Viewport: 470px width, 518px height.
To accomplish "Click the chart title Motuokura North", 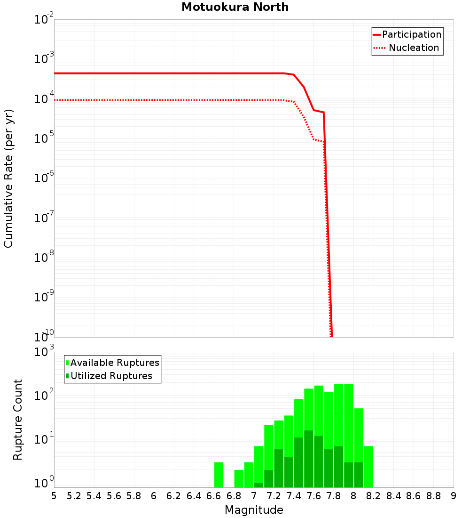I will point(235,8).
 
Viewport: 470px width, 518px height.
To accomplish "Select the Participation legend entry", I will point(411,35).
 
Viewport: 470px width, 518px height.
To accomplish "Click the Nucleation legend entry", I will point(414,48).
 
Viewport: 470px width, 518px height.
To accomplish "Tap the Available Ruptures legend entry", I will point(115,363).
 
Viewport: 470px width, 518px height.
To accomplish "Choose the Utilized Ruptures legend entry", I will point(111,376).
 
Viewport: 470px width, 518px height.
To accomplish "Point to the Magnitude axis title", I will point(254,510).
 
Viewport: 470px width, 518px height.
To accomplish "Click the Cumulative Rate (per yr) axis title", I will point(8,178).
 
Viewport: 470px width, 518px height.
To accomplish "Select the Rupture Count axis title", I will point(18,420).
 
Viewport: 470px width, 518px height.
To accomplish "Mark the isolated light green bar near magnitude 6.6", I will point(219,475).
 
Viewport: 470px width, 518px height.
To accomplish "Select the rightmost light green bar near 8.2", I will point(368,466).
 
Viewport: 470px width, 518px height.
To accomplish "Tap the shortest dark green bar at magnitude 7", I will point(258,485).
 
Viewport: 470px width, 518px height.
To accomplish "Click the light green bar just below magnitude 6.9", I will point(239,478).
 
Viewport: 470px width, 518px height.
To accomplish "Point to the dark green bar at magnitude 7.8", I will point(338,466).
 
